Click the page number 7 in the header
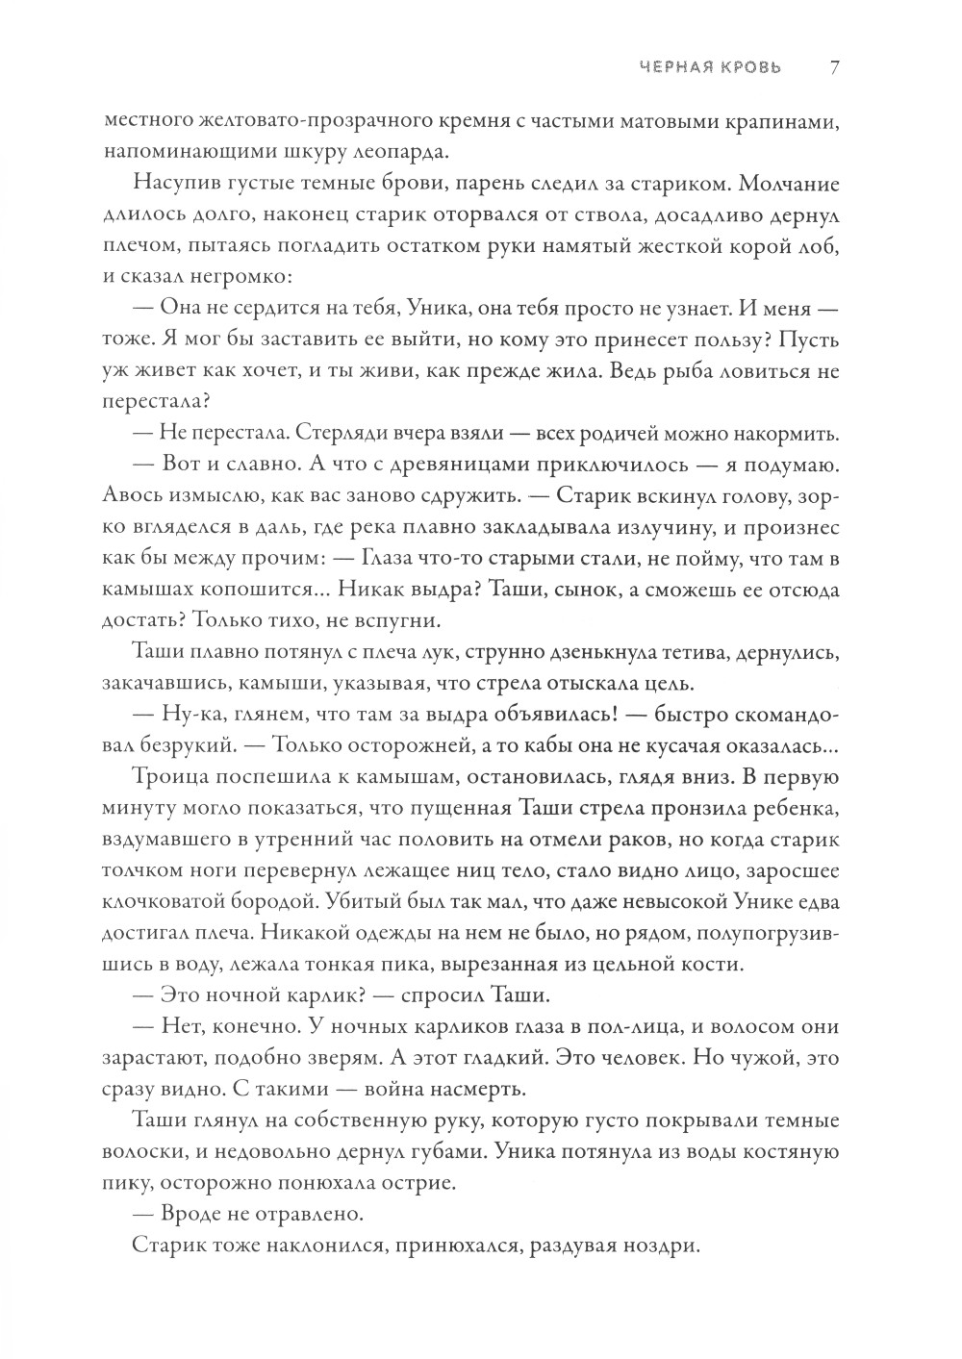coord(835,68)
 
